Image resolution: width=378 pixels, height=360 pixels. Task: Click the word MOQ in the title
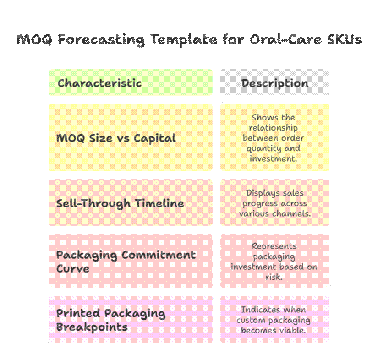[x=32, y=39]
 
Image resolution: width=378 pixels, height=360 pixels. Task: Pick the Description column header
[x=274, y=83]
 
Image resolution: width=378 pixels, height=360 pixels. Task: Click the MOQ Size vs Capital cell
[x=130, y=138]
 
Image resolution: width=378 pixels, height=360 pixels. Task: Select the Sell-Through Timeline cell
[x=130, y=203]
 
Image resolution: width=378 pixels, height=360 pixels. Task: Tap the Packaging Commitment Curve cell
[x=130, y=261]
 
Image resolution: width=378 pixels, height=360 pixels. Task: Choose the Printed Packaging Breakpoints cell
[x=130, y=320]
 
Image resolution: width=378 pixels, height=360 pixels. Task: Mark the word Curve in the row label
[x=73, y=268]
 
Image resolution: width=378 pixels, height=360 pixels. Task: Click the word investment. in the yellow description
[x=274, y=158]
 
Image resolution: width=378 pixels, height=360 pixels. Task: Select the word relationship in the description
[x=274, y=128]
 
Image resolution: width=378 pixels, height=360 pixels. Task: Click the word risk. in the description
[x=274, y=277]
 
